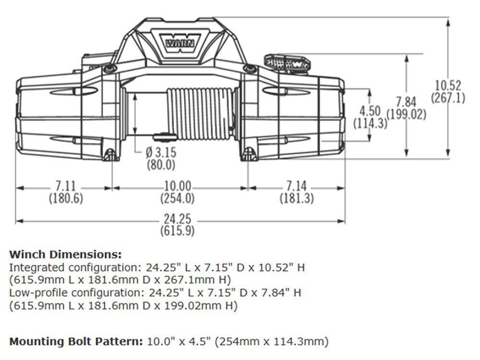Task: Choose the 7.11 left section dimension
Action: [65, 186]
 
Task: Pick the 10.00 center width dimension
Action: [177, 186]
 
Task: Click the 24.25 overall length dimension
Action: [177, 219]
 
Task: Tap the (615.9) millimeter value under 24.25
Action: [177, 230]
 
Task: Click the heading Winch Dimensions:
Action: [66, 254]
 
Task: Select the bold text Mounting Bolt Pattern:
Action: [76, 342]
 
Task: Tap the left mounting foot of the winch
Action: [110, 155]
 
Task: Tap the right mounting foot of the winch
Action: [248, 154]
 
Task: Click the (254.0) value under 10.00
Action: [177, 198]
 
